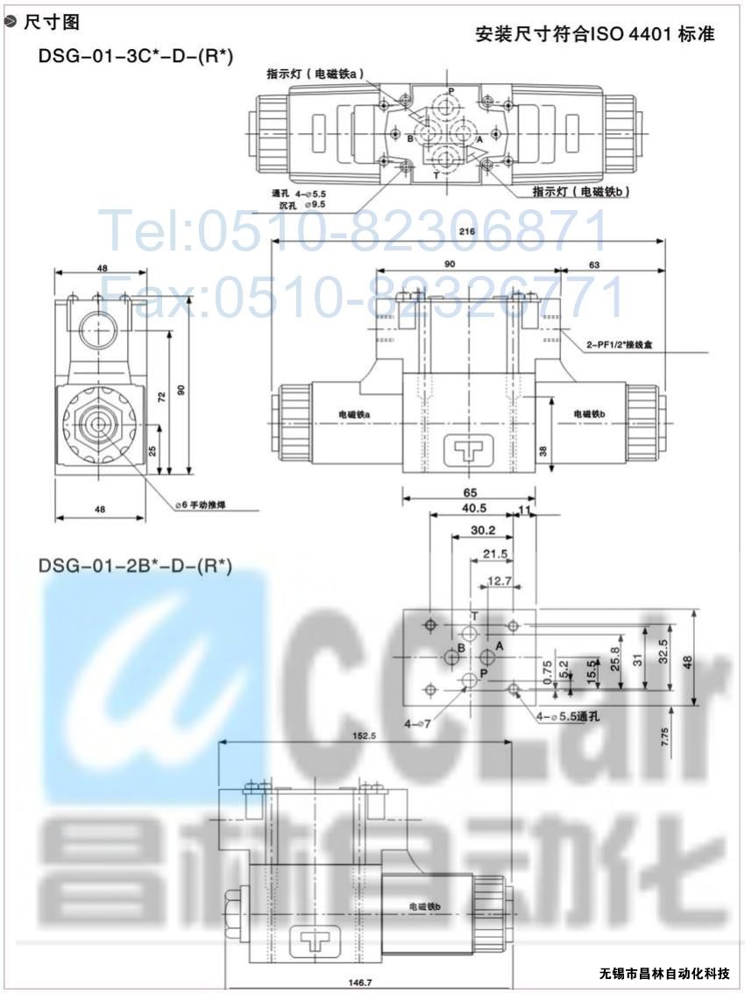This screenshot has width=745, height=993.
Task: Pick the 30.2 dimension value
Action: [482, 531]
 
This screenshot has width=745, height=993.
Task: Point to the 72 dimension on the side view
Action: [160, 398]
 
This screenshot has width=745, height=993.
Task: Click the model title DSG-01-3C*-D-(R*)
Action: [135, 56]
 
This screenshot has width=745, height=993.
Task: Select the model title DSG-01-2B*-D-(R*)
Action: [135, 566]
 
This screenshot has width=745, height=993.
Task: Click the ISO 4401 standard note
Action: [595, 34]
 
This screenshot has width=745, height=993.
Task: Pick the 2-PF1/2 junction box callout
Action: [619, 346]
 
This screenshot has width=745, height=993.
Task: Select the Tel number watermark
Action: [355, 230]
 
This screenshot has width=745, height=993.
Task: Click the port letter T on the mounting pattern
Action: [474, 617]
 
